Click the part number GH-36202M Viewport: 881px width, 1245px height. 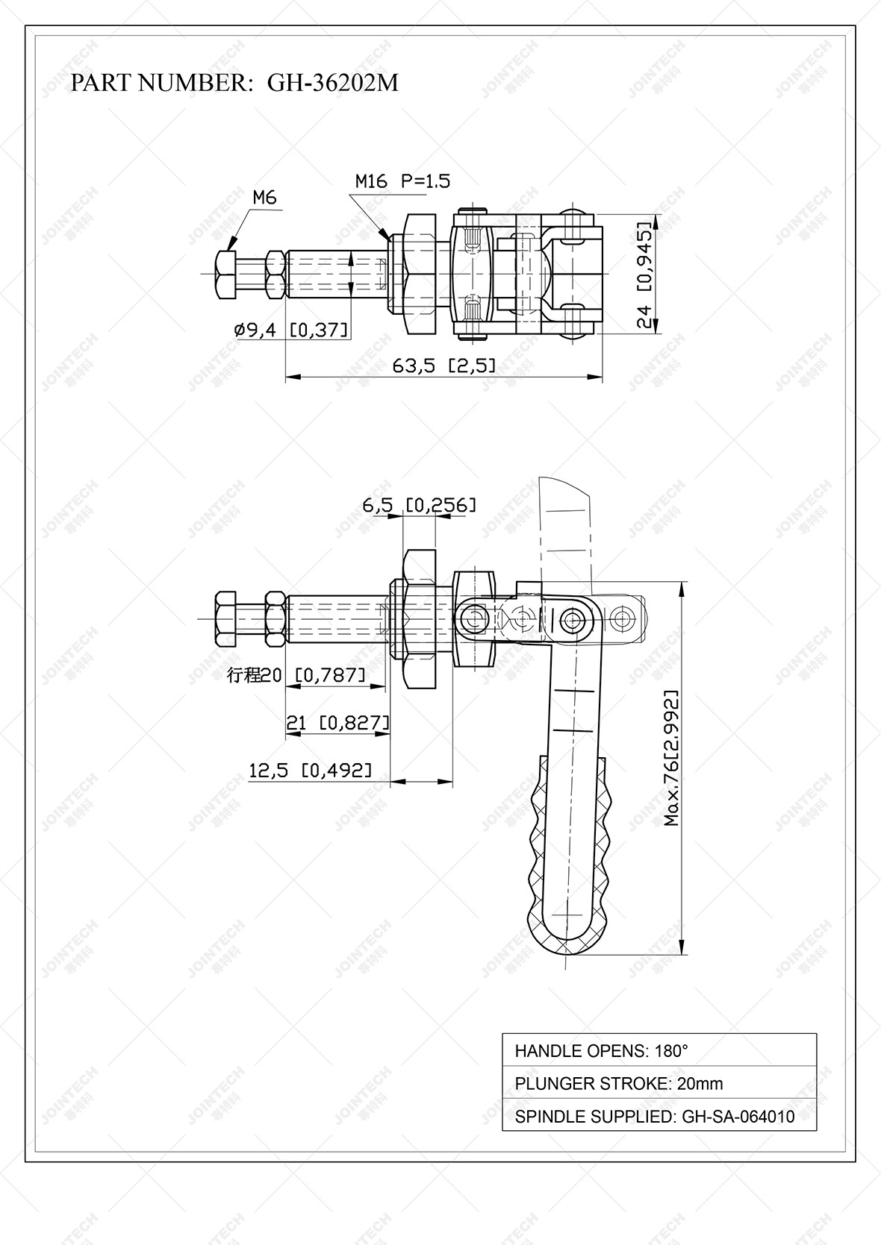pos(332,83)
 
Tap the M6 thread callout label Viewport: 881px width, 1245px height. pos(264,198)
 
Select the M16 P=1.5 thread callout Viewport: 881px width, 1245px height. pos(402,181)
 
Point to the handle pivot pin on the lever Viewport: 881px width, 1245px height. pos(573,618)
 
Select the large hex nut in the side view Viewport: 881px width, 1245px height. pos(420,619)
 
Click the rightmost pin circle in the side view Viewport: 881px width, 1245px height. pos(624,618)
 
